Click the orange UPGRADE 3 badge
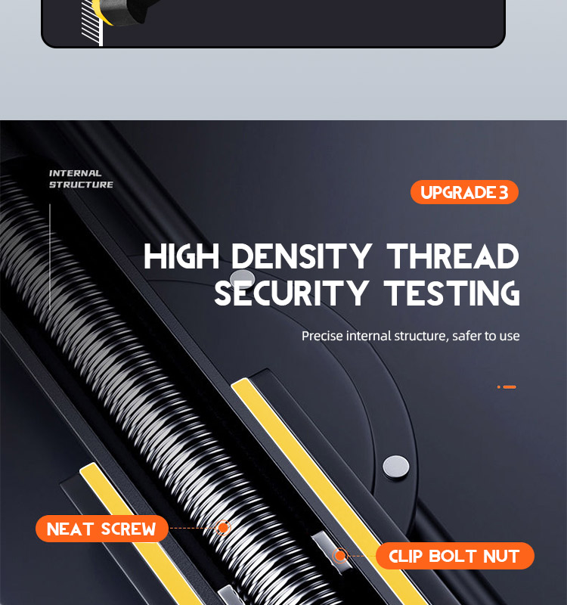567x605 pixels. [x=464, y=192]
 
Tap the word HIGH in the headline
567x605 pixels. [x=181, y=256]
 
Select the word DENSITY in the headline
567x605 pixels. [x=302, y=256]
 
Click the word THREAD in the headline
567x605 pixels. [x=453, y=256]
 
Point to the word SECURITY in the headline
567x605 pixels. [x=291, y=293]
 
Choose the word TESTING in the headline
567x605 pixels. [x=452, y=293]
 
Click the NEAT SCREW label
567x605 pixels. [x=102, y=529]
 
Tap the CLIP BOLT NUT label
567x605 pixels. [x=455, y=556]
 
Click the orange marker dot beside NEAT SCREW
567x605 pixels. [x=223, y=527]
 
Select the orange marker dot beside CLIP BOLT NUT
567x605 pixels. [x=340, y=556]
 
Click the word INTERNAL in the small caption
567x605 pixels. [x=75, y=173]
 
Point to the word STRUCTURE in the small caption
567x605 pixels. [x=81, y=185]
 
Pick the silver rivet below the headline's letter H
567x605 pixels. [x=242, y=278]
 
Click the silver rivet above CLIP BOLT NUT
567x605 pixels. [x=396, y=467]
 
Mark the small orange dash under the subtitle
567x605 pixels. [x=510, y=386]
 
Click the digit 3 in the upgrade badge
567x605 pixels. [x=503, y=192]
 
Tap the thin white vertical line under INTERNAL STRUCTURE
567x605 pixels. [x=50, y=256]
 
